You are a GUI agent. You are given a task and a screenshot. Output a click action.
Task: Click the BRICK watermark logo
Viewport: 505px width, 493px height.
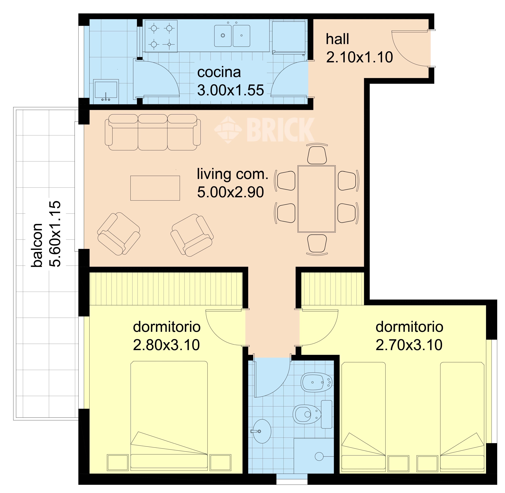(264, 129)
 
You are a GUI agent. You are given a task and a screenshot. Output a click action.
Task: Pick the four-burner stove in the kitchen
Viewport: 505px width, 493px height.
(161, 36)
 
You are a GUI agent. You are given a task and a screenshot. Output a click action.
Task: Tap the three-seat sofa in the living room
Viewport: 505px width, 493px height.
(153, 132)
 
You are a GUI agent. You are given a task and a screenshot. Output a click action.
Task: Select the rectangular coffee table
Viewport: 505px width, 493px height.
(155, 188)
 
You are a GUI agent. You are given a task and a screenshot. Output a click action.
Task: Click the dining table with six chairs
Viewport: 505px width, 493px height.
(317, 199)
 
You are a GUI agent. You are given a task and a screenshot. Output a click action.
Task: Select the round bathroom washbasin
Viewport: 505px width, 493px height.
(262, 431)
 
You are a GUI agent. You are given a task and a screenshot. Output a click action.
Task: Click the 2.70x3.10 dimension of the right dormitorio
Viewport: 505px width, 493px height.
(409, 345)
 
